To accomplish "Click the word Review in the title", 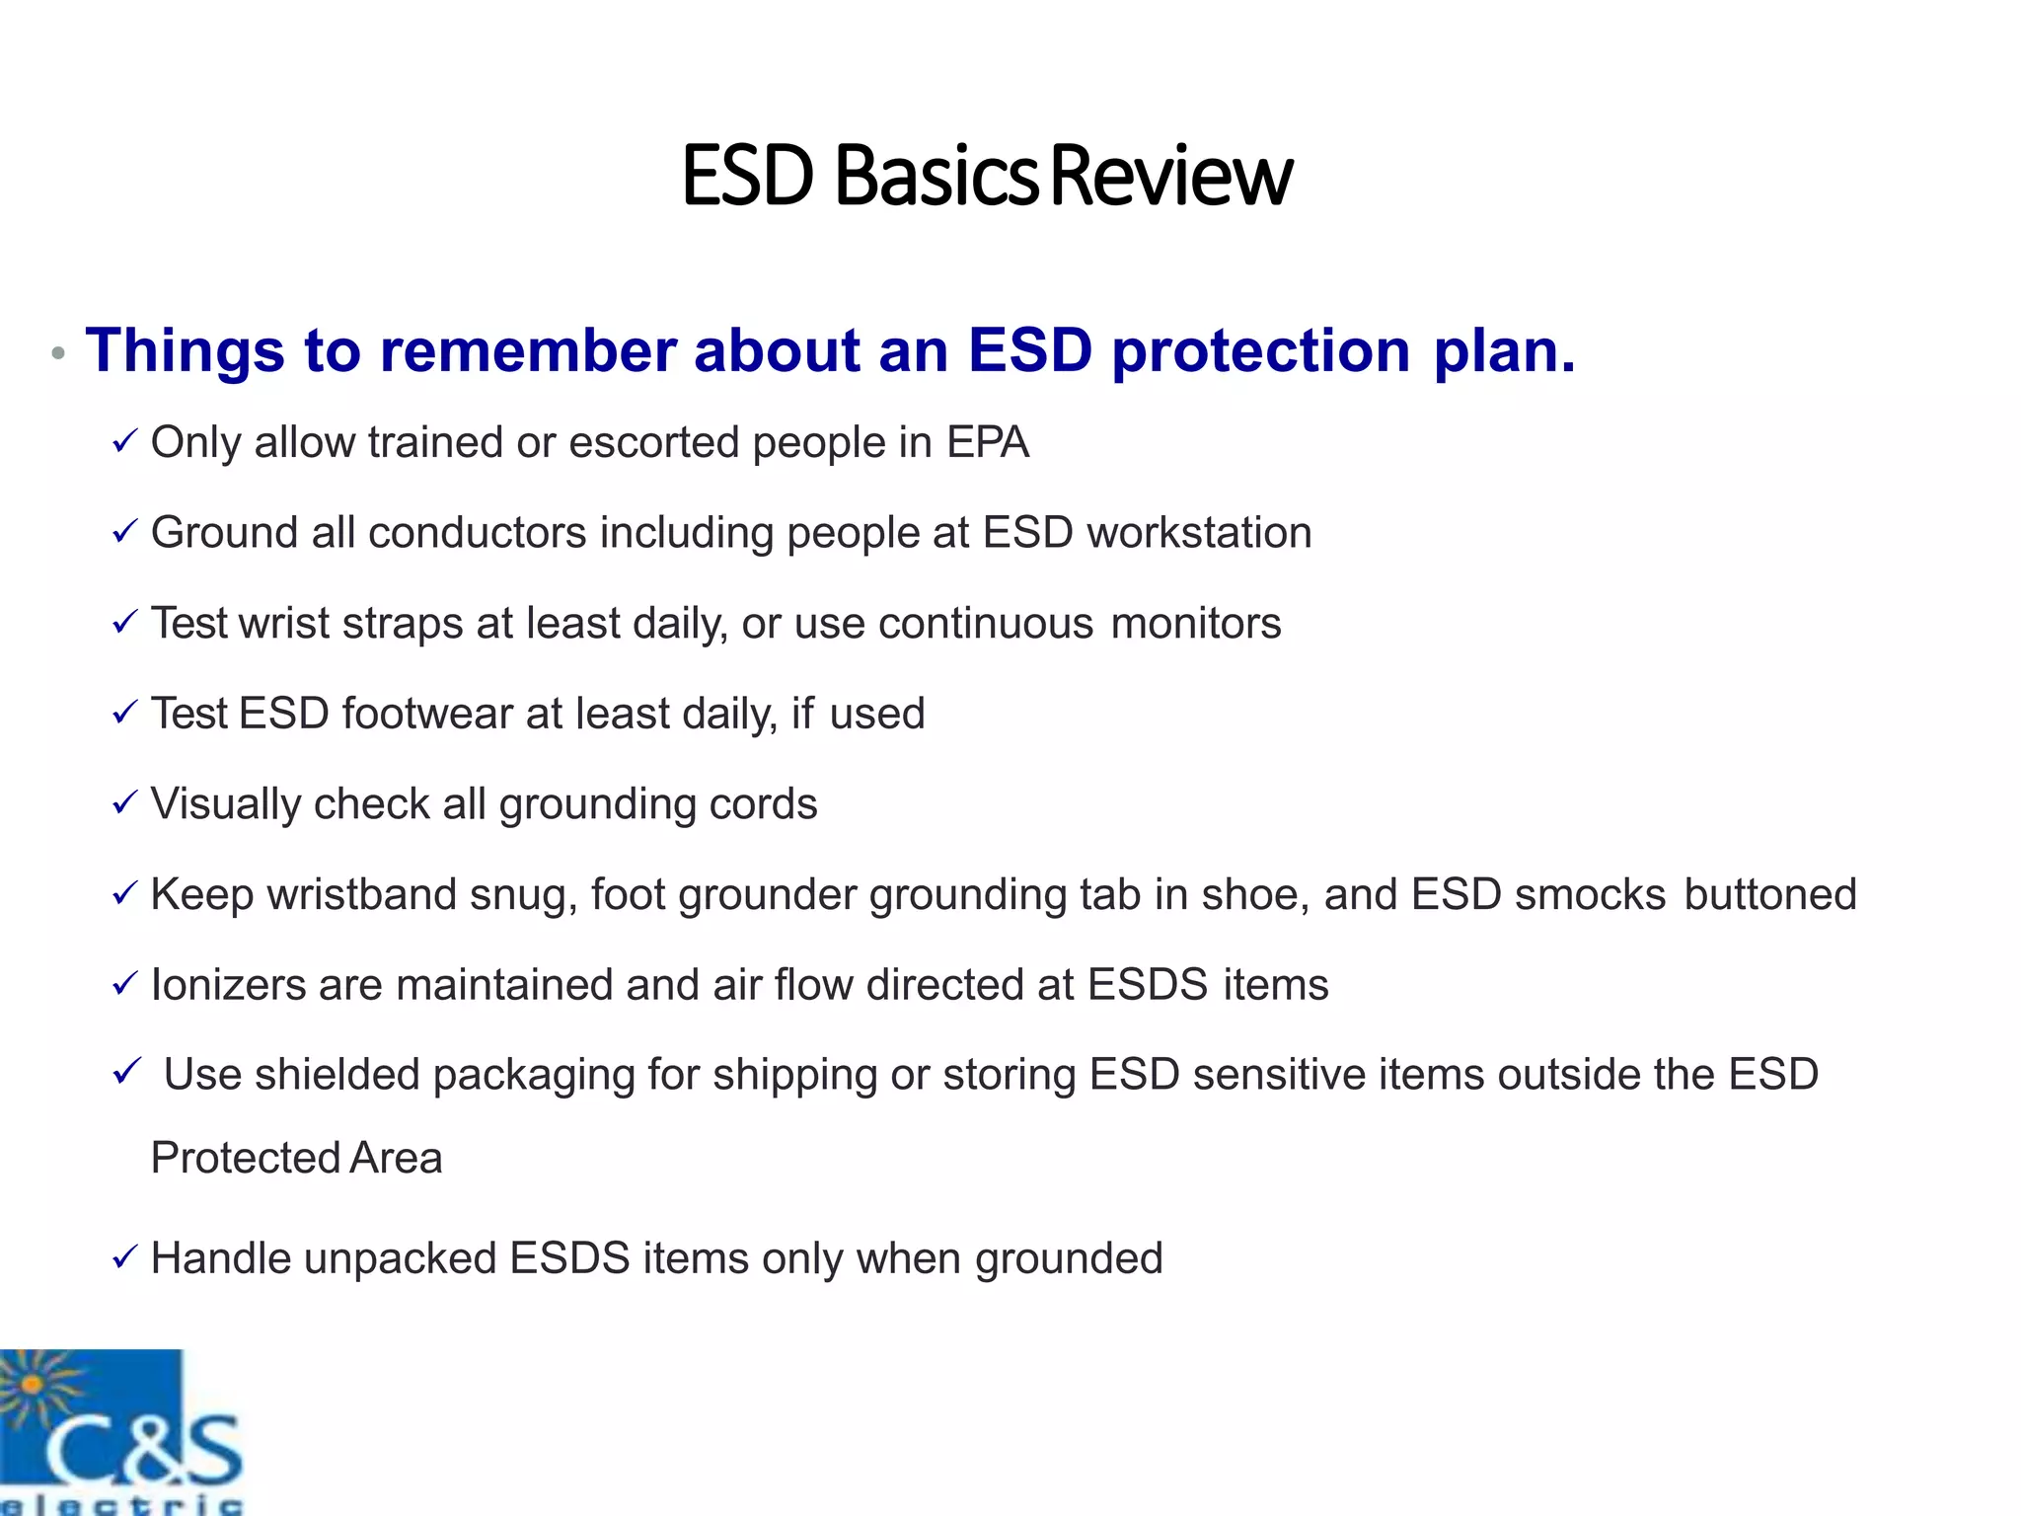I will [x=1171, y=176].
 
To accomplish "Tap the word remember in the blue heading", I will [x=528, y=350].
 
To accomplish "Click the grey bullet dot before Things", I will [x=58, y=353].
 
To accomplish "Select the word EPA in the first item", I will [x=988, y=442].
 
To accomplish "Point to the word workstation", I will [x=1199, y=533].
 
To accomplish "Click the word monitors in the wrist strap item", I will [x=1195, y=624].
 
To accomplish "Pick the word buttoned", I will [x=1770, y=894].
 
